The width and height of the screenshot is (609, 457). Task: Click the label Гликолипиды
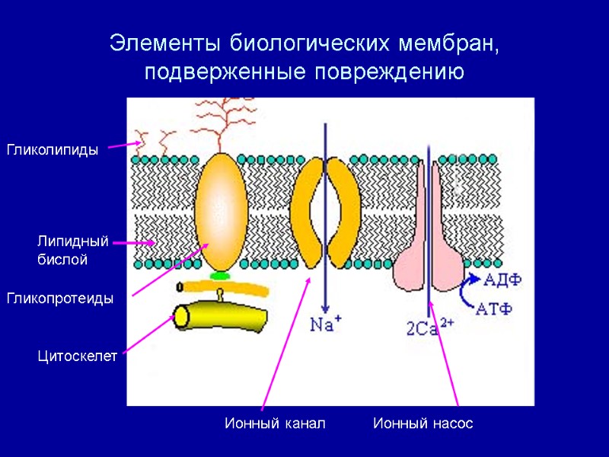click(53, 150)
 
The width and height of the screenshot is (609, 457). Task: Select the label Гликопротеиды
click(60, 299)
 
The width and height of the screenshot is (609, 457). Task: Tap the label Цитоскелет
click(78, 356)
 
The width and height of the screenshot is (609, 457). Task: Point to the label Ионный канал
click(275, 423)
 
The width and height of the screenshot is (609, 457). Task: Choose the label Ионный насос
click(423, 423)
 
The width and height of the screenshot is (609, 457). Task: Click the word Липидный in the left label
click(73, 241)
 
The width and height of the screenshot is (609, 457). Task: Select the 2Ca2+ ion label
click(429, 328)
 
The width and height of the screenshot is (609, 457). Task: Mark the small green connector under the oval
click(221, 274)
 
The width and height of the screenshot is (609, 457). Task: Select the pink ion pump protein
click(429, 251)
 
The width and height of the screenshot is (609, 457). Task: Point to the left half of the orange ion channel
click(306, 209)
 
